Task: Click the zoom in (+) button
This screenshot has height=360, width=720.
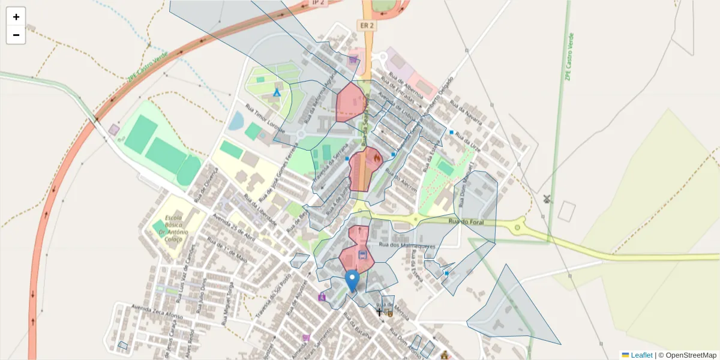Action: (x=16, y=17)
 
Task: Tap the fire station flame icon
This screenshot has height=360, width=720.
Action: (x=376, y=158)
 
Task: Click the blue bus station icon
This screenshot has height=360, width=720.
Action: (x=362, y=254)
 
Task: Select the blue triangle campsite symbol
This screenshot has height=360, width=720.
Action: (x=277, y=92)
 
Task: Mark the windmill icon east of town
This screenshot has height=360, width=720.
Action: (x=547, y=199)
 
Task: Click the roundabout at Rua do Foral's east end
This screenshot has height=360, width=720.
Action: (x=517, y=227)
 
